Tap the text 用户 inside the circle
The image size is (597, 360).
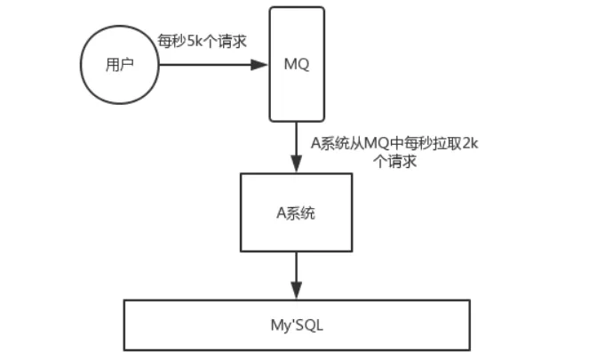tap(118, 65)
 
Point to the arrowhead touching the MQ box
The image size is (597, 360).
tap(261, 65)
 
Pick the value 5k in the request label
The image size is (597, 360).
tap(195, 43)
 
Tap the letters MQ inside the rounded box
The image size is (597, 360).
tap(296, 65)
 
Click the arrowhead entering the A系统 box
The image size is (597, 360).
tap(296, 165)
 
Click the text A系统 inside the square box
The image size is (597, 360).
tap(296, 213)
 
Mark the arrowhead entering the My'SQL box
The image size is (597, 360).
tap(296, 293)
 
